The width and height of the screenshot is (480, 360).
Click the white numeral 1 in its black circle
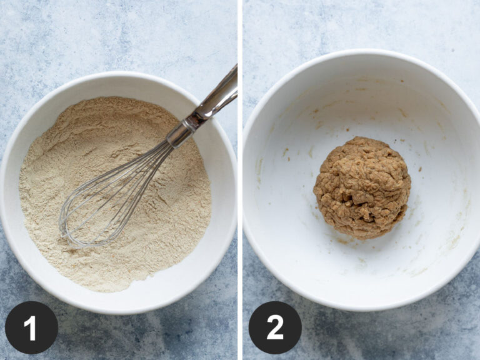[x=31, y=327]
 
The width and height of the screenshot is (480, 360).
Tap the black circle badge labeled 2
[x=275, y=327]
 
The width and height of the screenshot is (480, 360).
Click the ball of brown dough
[x=362, y=187]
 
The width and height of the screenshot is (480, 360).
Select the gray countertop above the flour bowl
[x=94, y=37]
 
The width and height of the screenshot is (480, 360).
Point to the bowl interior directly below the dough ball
[x=362, y=262]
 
